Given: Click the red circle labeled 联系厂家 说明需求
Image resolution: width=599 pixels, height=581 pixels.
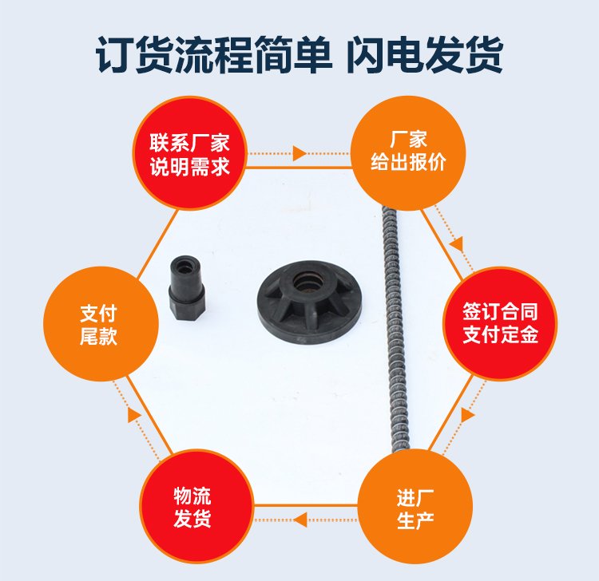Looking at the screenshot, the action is (189, 153).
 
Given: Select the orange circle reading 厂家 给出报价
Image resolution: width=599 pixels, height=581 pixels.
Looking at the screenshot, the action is (408, 153).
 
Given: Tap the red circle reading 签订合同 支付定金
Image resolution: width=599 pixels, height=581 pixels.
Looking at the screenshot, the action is (500, 324).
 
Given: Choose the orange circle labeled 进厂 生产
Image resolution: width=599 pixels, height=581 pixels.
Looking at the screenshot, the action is (415, 507).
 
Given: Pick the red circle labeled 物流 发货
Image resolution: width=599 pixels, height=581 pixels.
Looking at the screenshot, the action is (196, 507).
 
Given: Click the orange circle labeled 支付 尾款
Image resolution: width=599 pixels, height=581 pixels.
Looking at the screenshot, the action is (101, 324).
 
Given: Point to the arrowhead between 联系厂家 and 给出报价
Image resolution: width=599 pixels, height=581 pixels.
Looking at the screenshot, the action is (299, 153).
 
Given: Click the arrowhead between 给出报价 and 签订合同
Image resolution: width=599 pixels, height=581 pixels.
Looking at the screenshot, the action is (457, 243).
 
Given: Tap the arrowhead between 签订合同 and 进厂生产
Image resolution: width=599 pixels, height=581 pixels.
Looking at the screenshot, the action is (467, 415).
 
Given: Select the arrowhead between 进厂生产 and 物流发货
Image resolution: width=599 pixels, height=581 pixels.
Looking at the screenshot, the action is (299, 520).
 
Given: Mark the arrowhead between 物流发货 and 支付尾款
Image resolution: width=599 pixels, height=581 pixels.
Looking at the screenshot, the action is (134, 415).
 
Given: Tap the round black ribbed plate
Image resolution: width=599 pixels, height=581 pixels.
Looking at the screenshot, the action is (309, 298).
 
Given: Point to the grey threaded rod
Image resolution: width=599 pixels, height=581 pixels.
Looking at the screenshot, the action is (396, 328).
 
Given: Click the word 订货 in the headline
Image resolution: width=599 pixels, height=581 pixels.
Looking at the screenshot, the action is (133, 54).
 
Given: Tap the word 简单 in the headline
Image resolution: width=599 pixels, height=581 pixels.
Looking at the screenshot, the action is (292, 54).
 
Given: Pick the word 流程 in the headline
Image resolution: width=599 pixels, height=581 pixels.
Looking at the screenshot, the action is (212, 54).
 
